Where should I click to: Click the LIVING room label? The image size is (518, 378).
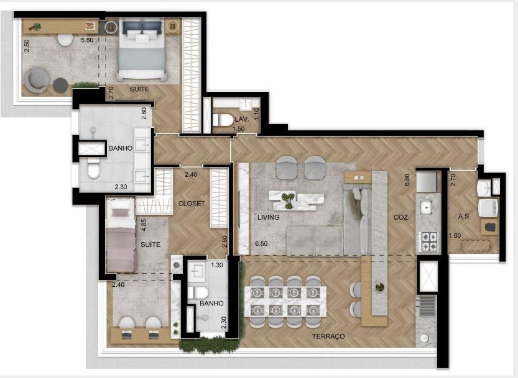pos(269,218)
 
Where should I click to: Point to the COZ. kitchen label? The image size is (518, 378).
pos(400,218)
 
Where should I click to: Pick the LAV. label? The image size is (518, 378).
pos(242,118)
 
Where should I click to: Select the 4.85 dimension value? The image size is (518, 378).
pos(144,225)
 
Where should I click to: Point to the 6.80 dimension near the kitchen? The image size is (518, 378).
pos(407,180)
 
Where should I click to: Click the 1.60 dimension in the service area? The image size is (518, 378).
pos(456,235)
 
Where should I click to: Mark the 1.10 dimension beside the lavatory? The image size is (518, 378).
pos(256,114)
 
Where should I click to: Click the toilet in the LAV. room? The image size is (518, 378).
pos(223,118)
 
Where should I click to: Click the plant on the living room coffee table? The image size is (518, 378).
pos(287,199)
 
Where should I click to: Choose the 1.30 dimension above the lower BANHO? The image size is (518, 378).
pos(217,265)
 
